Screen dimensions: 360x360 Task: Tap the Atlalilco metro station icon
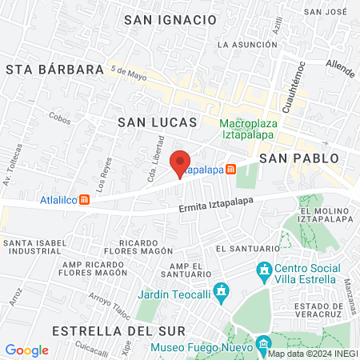click(x=84, y=200)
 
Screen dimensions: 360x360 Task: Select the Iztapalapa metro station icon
click(x=231, y=170)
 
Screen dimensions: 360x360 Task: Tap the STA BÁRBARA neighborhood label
click(x=54, y=70)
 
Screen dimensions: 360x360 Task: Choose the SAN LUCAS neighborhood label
click(x=157, y=122)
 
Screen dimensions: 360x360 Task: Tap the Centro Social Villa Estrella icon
click(x=264, y=272)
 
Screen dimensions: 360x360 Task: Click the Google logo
click(x=26, y=350)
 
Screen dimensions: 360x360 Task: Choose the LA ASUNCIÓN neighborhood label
click(x=247, y=45)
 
